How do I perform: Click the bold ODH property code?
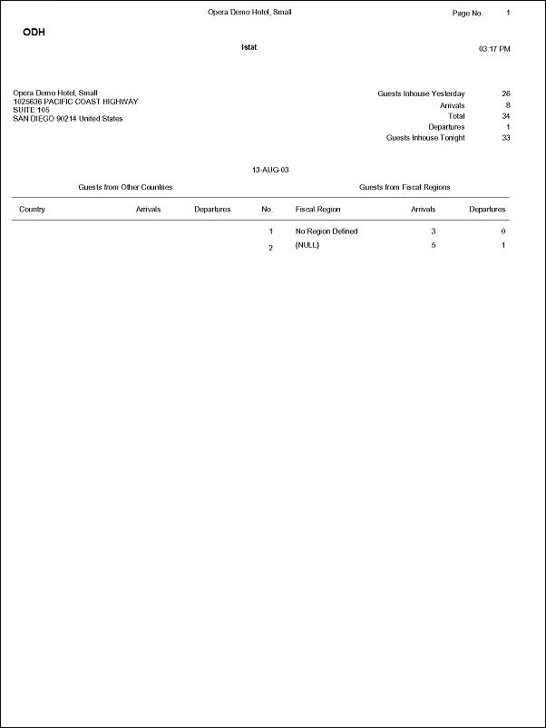coord(34,32)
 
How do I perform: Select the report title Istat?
coord(249,47)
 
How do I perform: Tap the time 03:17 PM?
coord(494,48)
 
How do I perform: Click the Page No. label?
coord(467,14)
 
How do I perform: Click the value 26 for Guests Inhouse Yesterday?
coord(506,93)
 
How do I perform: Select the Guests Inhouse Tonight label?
coord(425,138)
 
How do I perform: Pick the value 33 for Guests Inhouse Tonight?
coord(506,138)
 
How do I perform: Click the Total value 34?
coord(506,116)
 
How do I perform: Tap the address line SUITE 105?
coord(31,110)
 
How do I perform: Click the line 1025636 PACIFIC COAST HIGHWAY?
coord(75,102)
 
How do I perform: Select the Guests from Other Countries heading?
coord(125,187)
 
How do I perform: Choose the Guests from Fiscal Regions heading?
coord(405,187)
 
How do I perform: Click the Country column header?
coord(32,210)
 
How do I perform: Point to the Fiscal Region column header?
coord(317,210)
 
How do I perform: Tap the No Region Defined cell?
coord(327,231)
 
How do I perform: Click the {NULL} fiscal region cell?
coord(307,246)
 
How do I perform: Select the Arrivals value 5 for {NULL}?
coord(434,246)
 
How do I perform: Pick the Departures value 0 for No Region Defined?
coord(502,231)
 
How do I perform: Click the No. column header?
coord(267,210)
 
